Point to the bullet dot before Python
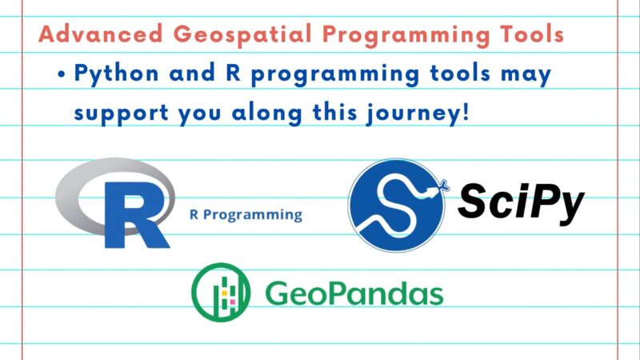click(x=62, y=74)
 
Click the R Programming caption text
click(x=246, y=214)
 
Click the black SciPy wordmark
click(x=521, y=203)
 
